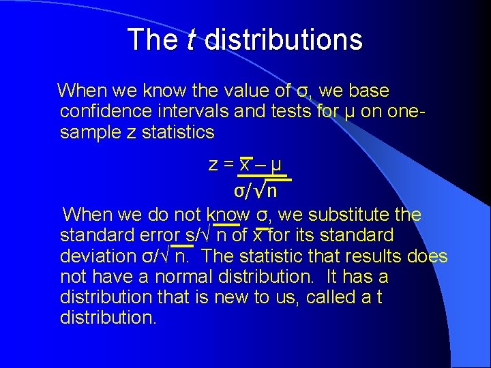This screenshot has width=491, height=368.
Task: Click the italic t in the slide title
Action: (192, 40)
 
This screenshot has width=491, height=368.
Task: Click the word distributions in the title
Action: (283, 40)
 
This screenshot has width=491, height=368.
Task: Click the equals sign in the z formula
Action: (227, 165)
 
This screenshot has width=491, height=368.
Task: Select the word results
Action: (382, 257)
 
